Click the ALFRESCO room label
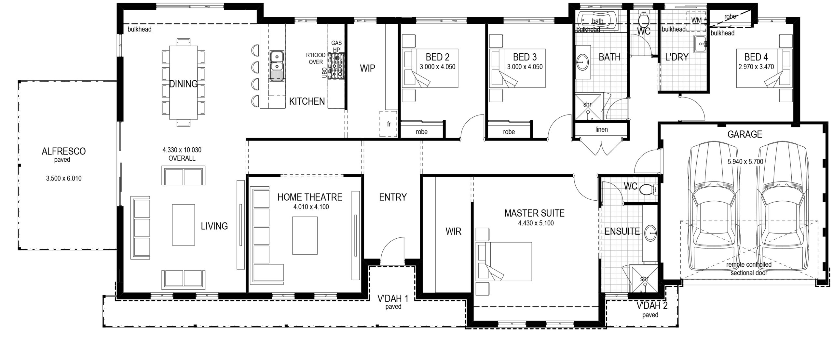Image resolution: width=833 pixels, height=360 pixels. click(64, 151)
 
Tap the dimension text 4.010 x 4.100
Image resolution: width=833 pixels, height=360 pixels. click(311, 207)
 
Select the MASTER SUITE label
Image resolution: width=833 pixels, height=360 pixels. click(534, 213)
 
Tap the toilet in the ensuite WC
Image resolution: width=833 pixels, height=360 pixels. click(648, 189)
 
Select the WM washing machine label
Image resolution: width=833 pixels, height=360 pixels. click(696, 20)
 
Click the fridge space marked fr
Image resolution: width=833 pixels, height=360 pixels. click(388, 124)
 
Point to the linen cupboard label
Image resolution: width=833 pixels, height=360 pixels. click(601, 129)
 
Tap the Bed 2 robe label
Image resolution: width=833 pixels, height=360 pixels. click(421, 132)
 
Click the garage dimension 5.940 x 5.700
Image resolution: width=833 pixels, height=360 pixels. click(745, 162)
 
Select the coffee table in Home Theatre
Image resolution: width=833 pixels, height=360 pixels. click(305, 236)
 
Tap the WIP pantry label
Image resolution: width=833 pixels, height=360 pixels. click(367, 68)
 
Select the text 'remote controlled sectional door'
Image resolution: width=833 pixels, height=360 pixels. click(749, 269)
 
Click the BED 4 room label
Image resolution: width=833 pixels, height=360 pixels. click(756, 57)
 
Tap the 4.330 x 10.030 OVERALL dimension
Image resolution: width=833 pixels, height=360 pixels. click(182, 154)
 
